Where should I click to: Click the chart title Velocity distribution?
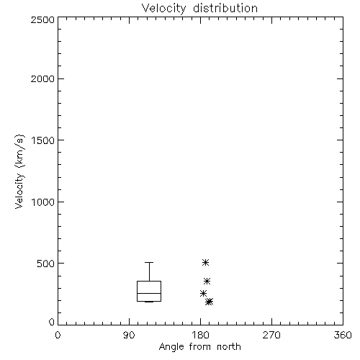click(199, 8)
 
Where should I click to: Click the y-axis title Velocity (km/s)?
click(19, 171)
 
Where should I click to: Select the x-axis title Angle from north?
click(199, 347)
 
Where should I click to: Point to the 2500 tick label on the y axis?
click(42, 19)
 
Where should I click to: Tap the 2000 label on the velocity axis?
click(42, 79)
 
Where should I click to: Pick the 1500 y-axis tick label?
click(43, 140)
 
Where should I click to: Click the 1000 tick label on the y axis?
click(43, 202)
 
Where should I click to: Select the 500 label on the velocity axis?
click(46, 264)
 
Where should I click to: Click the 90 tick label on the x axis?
click(129, 335)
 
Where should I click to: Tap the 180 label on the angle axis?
click(200, 335)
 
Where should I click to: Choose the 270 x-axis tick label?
click(271, 335)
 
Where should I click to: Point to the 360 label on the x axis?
click(343, 335)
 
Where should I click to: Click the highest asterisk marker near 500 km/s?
click(205, 262)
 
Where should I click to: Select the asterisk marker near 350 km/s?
click(207, 281)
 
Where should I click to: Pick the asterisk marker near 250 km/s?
click(203, 293)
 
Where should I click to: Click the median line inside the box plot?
click(149, 293)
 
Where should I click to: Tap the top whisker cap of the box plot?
click(149, 263)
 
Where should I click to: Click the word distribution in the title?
click(225, 8)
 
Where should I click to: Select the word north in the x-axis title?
click(229, 347)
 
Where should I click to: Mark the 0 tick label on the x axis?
click(58, 335)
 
